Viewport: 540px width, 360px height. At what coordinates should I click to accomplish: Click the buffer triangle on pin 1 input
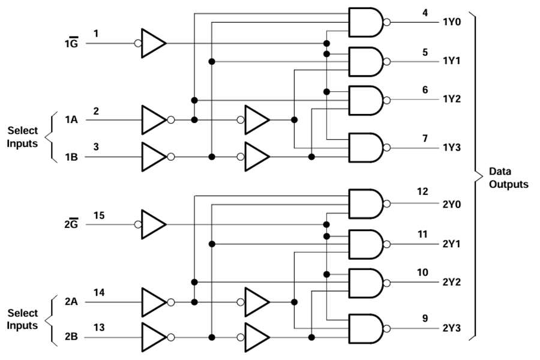(154, 43)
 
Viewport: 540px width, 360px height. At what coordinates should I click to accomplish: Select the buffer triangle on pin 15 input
(154, 225)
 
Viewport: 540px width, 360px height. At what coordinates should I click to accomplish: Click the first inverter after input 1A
(154, 120)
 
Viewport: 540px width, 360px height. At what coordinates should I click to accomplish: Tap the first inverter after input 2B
(154, 338)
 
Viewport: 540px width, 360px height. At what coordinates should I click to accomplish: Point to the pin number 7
(424, 139)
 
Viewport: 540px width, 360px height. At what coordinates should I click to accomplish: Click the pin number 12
(422, 191)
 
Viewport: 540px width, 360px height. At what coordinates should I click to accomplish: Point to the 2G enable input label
(71, 226)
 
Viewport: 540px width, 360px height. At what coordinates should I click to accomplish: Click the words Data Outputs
(508, 178)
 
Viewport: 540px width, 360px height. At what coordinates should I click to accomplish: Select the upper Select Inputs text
(22, 136)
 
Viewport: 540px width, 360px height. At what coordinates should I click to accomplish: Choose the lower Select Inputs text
(22, 319)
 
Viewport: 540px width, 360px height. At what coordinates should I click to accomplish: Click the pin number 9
(424, 319)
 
